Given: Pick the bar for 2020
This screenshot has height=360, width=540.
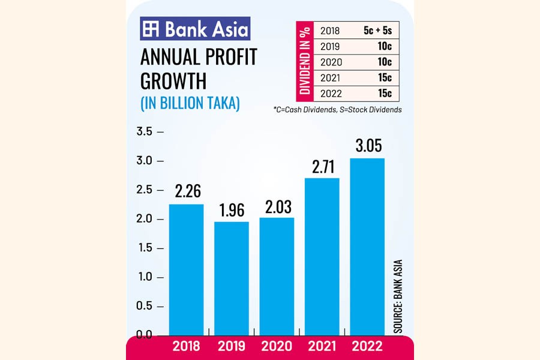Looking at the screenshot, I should click(277, 275).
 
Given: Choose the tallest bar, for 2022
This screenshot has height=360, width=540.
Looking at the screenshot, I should click(367, 246).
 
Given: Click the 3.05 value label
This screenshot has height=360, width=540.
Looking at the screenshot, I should click(367, 146).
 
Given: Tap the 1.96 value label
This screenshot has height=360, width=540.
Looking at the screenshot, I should click(232, 210).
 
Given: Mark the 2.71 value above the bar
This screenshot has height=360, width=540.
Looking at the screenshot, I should click(322, 166).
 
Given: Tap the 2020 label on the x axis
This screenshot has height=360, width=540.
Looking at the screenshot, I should click(277, 346).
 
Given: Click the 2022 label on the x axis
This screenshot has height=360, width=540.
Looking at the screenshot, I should click(367, 346).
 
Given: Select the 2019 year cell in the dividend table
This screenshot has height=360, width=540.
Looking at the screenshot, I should click(330, 46).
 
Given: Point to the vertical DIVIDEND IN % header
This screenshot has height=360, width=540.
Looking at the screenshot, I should click(305, 62).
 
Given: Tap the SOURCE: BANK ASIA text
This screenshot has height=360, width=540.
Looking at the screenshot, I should click(398, 296).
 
